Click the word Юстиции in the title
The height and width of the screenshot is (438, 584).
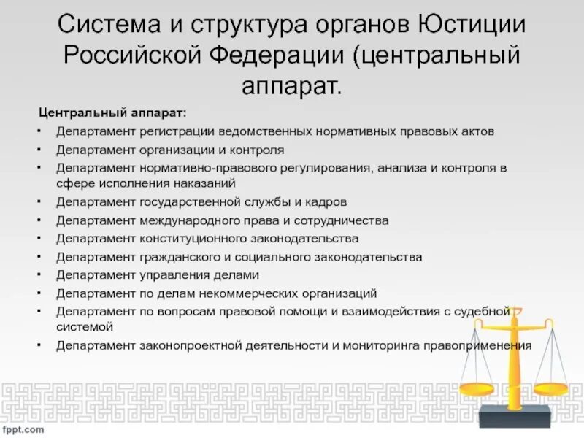point(473,28)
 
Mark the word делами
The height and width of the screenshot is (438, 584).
point(236,275)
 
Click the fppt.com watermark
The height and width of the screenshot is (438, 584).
point(24,429)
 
